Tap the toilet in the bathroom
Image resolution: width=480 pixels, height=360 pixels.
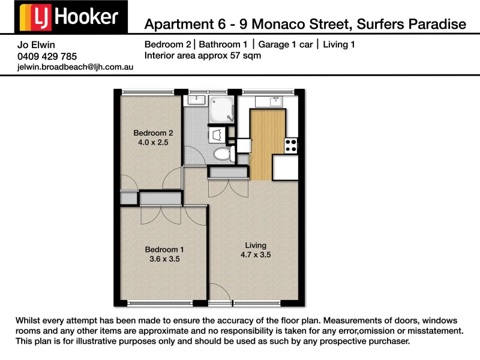(223, 153)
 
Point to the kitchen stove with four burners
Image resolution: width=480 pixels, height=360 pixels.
(291, 145)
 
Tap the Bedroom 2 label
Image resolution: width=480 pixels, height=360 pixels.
(153, 133)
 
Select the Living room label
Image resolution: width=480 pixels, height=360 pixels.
(255, 245)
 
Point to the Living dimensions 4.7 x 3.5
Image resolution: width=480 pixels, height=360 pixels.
(255, 254)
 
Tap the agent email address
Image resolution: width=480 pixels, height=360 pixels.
(76, 67)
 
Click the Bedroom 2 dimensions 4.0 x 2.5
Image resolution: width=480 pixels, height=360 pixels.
(153, 143)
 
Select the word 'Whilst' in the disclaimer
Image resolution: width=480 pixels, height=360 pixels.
(30, 320)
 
